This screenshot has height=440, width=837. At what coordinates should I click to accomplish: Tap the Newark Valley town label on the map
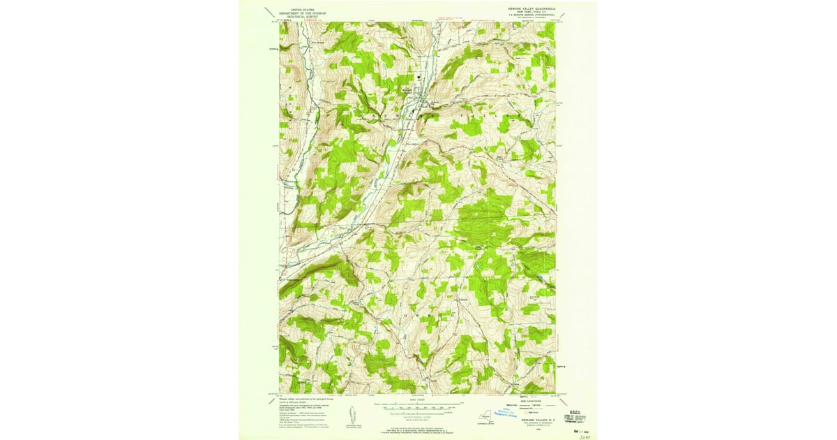click(407, 91)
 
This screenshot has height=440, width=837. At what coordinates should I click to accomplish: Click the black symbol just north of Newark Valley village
click(418, 77)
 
